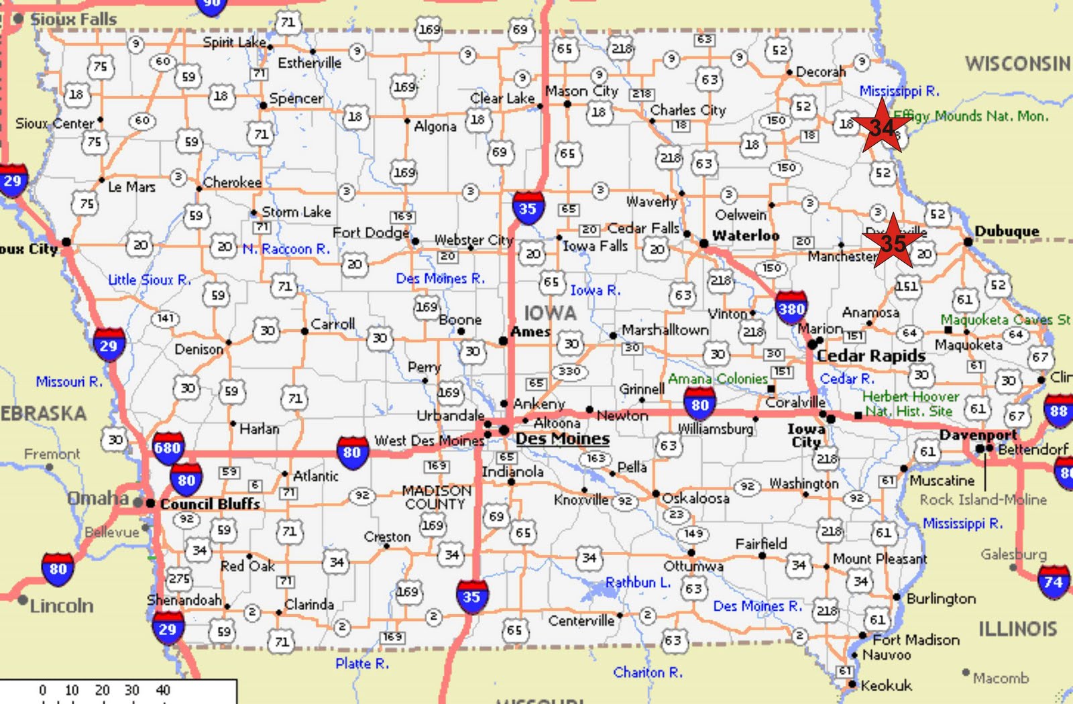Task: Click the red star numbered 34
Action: [x=882, y=127]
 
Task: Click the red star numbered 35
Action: [x=893, y=243]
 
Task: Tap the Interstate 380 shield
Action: [x=791, y=308]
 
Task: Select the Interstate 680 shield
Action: [x=167, y=447]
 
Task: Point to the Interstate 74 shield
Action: [x=1053, y=581]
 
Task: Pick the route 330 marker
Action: [x=569, y=371]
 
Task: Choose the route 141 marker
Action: [x=165, y=318]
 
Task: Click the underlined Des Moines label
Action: [x=562, y=439]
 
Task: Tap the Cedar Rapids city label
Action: [x=870, y=355]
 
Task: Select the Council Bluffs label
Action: [x=210, y=504]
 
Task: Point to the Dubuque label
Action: [x=1007, y=231]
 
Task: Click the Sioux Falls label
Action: [x=73, y=19]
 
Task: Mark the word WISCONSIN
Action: [x=1017, y=64]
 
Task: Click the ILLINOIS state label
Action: [x=1017, y=629]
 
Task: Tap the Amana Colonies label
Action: [x=718, y=379]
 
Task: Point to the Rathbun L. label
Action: [x=638, y=583]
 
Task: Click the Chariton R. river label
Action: [x=648, y=672]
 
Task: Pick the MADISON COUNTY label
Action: [x=436, y=497]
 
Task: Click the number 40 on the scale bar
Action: [x=163, y=690]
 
